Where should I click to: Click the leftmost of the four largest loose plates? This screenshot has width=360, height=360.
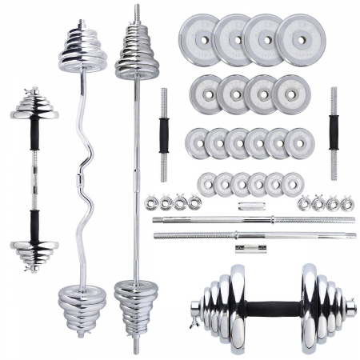point(194,35)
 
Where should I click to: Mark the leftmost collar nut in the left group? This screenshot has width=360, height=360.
point(150,203)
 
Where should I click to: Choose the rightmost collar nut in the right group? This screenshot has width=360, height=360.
point(348,203)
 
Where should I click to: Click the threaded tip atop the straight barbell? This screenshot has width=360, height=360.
point(135,13)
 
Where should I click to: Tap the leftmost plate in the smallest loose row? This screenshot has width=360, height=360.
point(207,182)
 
